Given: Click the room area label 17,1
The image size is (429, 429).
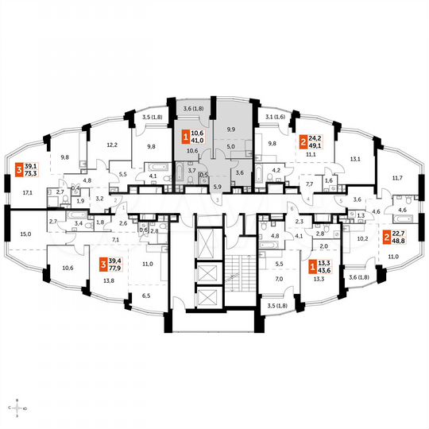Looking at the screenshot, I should tap(28, 192).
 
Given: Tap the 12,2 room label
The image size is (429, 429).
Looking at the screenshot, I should tap(112, 145).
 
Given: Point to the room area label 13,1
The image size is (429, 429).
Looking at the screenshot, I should tap(354, 158).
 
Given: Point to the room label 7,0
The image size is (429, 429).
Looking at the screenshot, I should tap(279, 279).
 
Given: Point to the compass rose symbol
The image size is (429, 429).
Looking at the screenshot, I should tap(16, 408).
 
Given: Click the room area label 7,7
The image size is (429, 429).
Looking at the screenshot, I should tap(308, 184).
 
